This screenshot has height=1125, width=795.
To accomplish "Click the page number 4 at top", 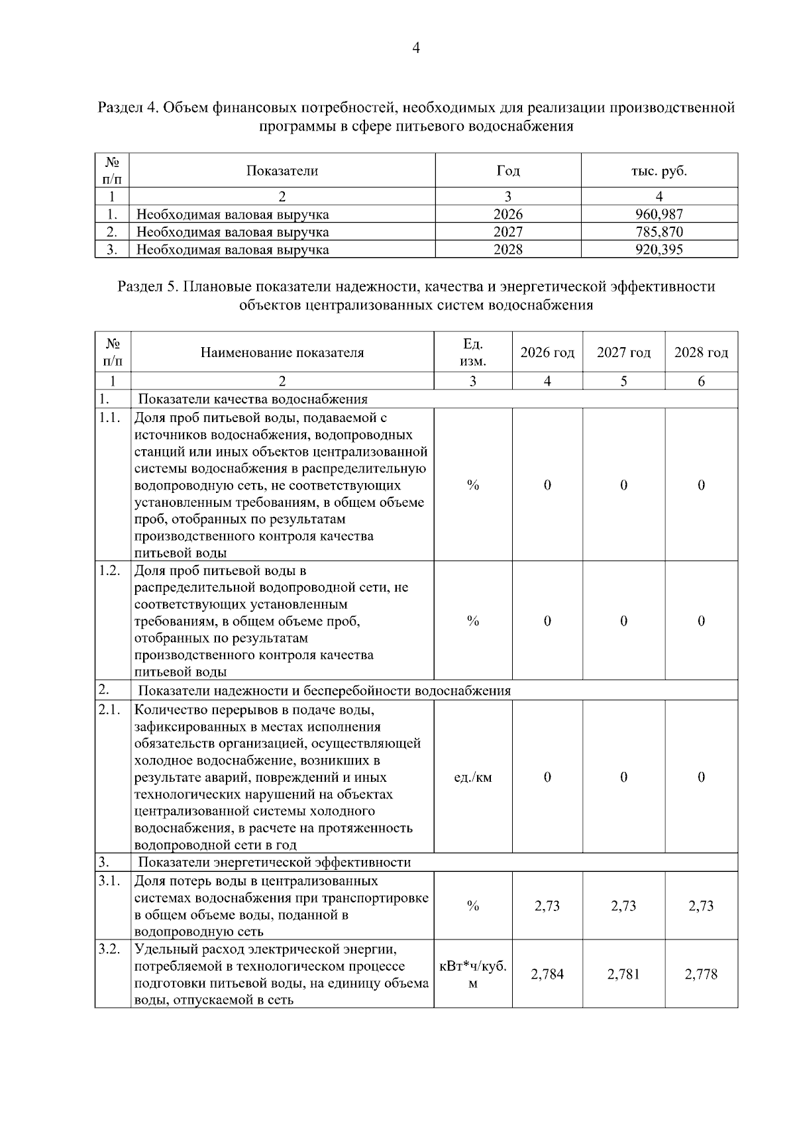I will (x=416, y=48).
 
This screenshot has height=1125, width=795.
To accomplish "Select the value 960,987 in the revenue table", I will (x=659, y=214).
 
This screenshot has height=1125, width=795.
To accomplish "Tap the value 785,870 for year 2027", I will (x=659, y=232).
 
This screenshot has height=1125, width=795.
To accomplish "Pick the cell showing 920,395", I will (x=659, y=250).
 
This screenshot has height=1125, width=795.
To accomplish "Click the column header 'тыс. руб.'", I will (x=659, y=171).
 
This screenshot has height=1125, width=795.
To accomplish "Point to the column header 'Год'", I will (x=507, y=171).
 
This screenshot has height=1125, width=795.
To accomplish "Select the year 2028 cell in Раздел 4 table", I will (x=507, y=250).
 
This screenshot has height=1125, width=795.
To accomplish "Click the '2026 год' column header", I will (x=547, y=352).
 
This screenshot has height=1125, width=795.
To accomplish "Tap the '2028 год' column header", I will (x=701, y=352).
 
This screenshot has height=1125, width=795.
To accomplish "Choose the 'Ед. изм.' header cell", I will (x=472, y=352).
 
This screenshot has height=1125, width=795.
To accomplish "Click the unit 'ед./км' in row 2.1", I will (x=472, y=777).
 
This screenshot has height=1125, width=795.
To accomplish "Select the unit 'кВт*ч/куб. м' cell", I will (x=472, y=975).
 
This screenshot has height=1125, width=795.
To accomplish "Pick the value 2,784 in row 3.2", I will (x=547, y=974).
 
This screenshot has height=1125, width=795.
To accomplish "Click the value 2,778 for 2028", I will (x=701, y=974).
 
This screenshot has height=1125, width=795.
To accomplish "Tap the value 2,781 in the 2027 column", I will (x=623, y=974).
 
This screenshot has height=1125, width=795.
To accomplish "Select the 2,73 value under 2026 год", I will (x=547, y=906).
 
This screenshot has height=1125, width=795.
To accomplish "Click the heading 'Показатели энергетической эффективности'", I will (x=274, y=862).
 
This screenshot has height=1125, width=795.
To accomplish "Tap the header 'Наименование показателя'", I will (x=282, y=352).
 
